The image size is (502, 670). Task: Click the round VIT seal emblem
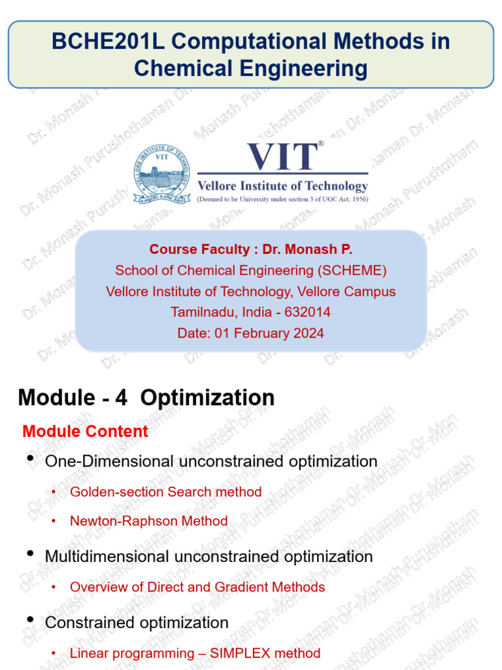[161, 174]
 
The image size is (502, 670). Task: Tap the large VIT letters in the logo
[282, 158]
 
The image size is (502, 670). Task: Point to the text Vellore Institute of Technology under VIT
[282, 186]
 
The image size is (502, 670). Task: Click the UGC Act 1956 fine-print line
[282, 199]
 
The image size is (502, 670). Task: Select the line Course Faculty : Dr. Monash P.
[251, 249]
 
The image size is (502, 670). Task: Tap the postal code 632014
[307, 312]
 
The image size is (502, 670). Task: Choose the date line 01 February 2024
[251, 333]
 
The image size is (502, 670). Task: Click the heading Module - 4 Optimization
[146, 397]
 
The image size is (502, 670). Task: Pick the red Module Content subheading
[85, 432]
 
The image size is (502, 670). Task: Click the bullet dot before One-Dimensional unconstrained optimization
[30, 460]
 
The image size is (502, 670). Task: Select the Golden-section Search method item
[165, 492]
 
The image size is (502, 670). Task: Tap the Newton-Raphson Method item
[148, 521]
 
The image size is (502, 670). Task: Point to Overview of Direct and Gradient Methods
[197, 587]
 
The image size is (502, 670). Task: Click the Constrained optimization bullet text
[137, 622]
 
